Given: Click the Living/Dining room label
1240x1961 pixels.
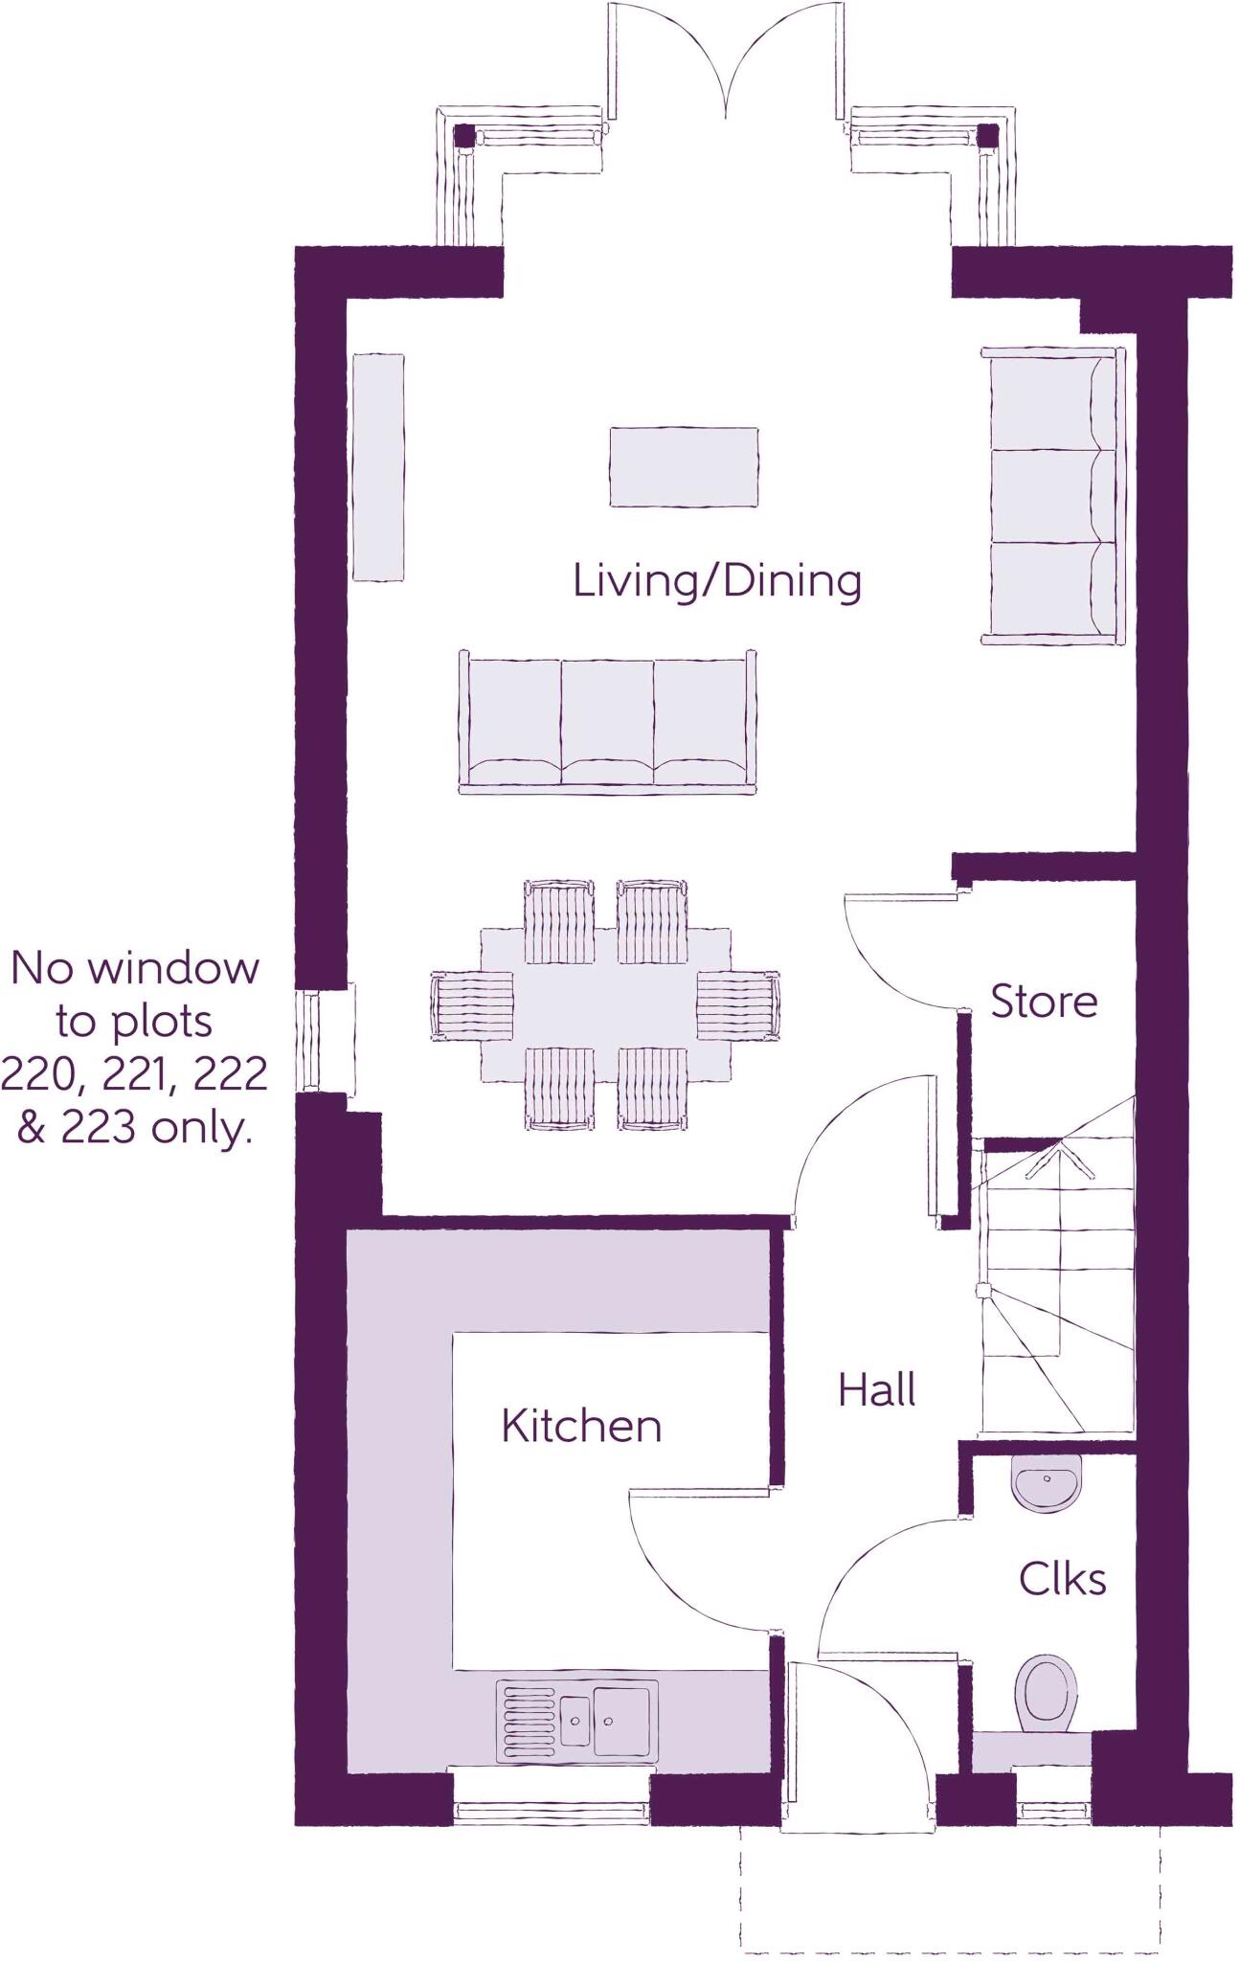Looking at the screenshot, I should [x=716, y=581].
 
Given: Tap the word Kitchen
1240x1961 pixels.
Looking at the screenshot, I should [x=581, y=1426].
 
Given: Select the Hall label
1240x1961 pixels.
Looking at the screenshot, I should [x=876, y=1390].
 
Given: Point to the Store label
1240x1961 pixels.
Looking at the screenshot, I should [x=1044, y=1002].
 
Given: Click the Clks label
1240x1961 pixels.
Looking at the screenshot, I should [x=1062, y=1579].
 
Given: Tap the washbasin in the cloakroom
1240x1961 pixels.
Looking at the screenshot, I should [x=1047, y=1483].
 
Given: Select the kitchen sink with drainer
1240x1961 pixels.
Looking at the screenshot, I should [x=576, y=1721].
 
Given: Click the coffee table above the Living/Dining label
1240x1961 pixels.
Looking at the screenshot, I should [x=684, y=466].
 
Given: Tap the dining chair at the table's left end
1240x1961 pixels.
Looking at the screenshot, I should [x=471, y=1004].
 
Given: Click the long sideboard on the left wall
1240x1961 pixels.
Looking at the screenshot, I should [x=378, y=466].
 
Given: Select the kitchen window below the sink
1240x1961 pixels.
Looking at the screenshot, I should [x=552, y=1811].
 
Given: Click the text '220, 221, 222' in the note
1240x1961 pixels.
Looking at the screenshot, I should [x=134, y=1074].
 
